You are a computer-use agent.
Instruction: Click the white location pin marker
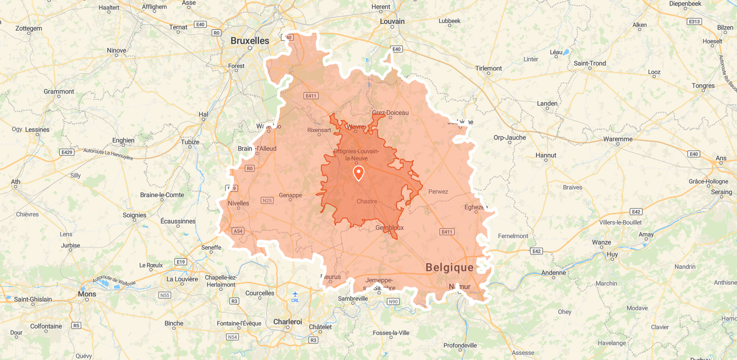[359, 173]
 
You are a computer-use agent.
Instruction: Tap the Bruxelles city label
[250, 41]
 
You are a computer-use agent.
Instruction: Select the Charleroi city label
[287, 322]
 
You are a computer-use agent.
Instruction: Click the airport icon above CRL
[295, 294]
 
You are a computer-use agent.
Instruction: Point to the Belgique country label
[449, 267]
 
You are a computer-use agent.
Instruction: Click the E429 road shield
[67, 152]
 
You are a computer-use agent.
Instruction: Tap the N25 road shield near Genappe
[267, 200]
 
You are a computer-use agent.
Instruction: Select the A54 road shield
[238, 231]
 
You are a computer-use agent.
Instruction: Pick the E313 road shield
[694, 22]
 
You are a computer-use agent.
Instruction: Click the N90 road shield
[393, 301]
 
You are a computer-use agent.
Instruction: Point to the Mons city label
[87, 294]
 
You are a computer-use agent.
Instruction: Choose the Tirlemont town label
[488, 68]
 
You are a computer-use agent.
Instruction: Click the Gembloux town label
[390, 227]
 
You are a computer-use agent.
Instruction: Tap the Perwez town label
[438, 191]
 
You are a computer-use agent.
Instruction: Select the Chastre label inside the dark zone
[367, 201]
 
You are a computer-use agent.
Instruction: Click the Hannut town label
[546, 155]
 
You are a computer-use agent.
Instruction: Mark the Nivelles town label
[238, 203]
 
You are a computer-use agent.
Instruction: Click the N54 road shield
[232, 337]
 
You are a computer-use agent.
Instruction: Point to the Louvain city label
[392, 22]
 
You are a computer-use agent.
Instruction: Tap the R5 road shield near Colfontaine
[76, 325]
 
